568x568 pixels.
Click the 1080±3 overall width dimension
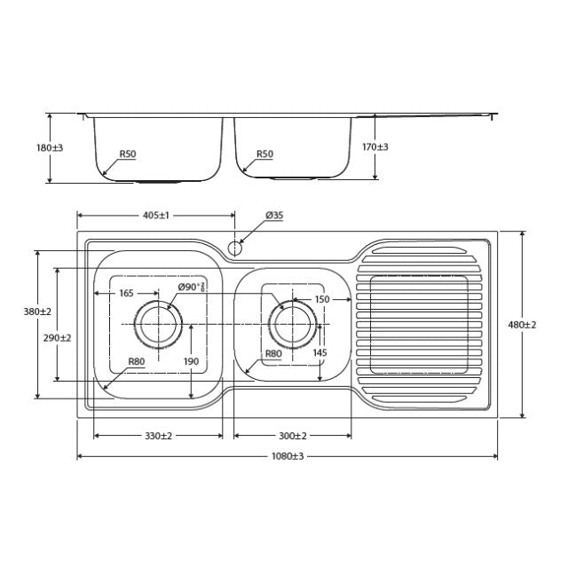coord(284,456)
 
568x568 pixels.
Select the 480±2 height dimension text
coord(522,325)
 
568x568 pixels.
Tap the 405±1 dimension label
coord(155,216)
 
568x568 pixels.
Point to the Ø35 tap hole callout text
coord(274,216)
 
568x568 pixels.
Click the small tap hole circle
coord(235,247)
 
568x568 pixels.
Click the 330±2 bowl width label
coord(158,436)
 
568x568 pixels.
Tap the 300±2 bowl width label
coord(292,436)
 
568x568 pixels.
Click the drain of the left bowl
coord(159,325)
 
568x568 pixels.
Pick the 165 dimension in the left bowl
coord(125,292)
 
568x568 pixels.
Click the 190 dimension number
coord(191,361)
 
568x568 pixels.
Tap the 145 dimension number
coord(319,353)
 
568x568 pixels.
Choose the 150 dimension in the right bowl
coord(321,300)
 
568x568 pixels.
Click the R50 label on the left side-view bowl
coord(128,154)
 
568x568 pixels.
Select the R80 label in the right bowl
coord(272,353)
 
